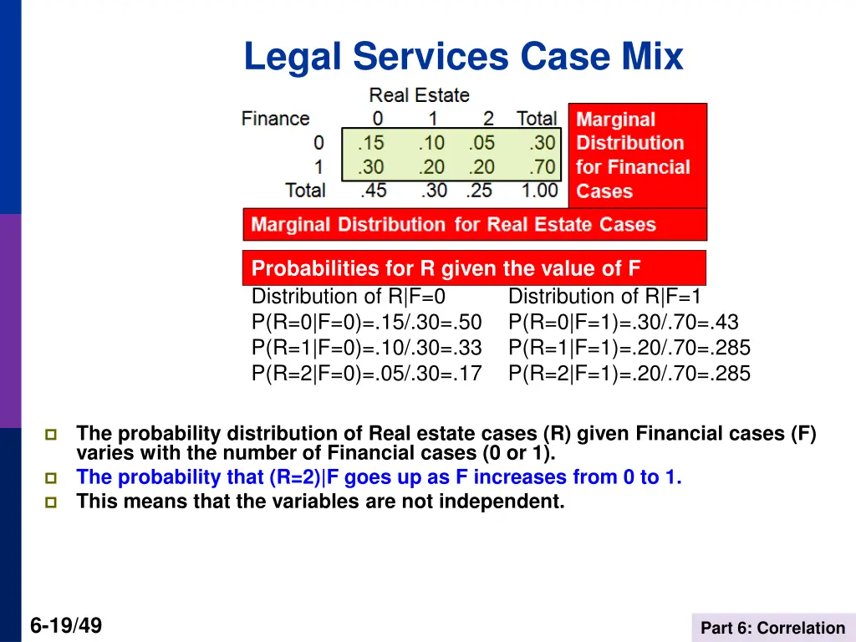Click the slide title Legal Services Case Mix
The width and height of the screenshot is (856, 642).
(463, 58)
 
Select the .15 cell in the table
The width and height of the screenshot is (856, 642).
(372, 143)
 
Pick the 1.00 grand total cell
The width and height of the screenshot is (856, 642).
(539, 191)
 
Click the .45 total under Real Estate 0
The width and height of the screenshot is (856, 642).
(373, 191)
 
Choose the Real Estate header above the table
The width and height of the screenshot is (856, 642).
(419, 95)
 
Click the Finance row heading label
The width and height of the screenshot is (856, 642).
(275, 119)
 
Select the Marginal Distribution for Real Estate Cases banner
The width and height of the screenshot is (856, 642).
(474, 224)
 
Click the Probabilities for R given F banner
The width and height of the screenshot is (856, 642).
(474, 268)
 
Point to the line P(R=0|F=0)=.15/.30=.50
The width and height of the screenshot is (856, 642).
(367, 322)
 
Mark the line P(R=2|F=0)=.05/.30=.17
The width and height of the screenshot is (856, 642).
(367, 374)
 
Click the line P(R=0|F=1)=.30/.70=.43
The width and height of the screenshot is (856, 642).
(624, 322)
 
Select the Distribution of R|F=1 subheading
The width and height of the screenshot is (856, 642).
(605, 296)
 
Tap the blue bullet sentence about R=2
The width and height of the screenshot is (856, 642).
(379, 478)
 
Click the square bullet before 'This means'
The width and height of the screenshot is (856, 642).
(51, 502)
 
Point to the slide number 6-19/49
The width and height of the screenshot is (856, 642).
(66, 625)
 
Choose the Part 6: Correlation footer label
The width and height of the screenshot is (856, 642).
(772, 628)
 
